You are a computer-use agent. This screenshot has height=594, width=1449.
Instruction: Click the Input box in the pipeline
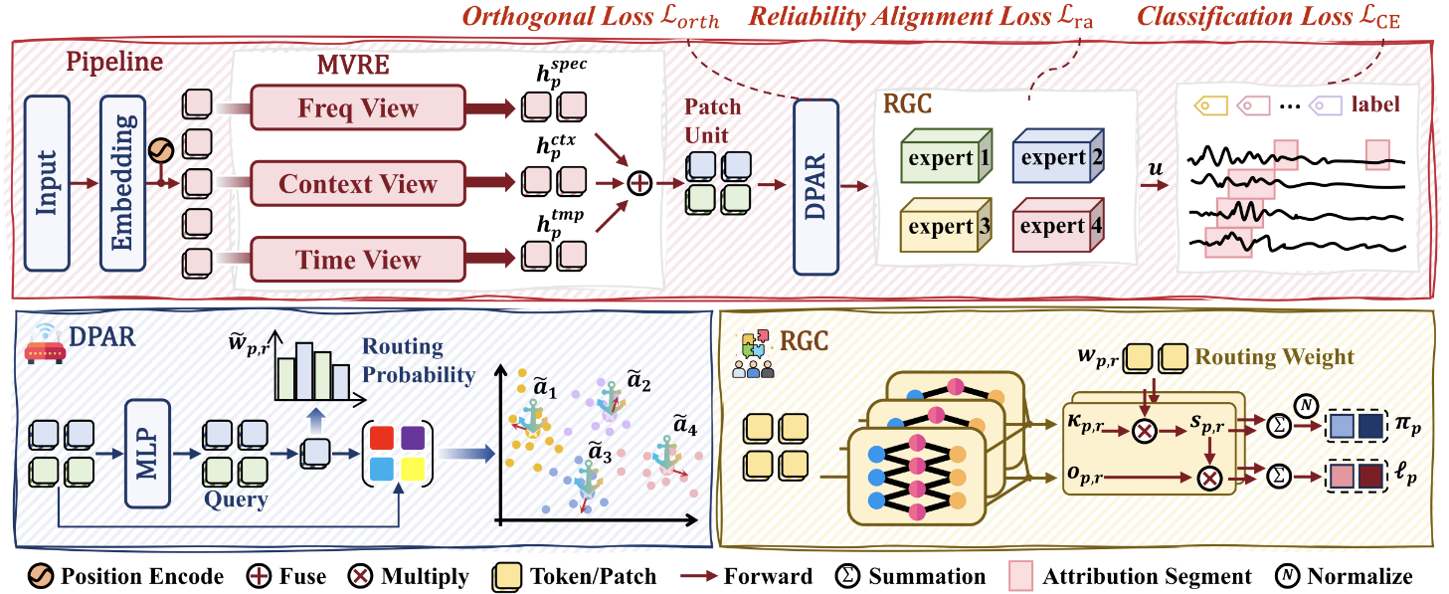[x=47, y=183]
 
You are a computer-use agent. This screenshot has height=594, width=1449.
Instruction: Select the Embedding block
[x=122, y=183]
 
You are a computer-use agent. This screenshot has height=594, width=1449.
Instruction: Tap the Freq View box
[x=358, y=107]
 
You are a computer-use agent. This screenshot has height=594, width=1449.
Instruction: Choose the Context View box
[x=358, y=184]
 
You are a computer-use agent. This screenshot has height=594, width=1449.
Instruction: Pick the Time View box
[x=358, y=260]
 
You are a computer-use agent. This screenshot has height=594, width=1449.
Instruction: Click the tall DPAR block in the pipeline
[x=815, y=187]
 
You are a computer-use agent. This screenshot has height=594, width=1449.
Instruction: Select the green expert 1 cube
[x=947, y=156]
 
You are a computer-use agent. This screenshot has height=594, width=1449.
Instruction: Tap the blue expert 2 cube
[x=1057, y=156]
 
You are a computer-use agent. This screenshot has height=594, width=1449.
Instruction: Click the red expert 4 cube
[x=1057, y=225]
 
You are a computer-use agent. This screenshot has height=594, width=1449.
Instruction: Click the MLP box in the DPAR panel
[x=147, y=454]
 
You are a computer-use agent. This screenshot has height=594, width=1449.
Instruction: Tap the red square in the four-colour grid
[x=382, y=438]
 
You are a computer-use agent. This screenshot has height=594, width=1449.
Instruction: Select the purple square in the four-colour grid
[x=413, y=438]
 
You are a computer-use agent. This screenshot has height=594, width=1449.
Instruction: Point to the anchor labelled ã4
[x=665, y=454]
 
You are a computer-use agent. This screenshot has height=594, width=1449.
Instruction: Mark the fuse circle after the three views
[x=639, y=184]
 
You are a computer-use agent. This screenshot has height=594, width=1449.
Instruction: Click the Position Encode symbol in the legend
[x=40, y=575]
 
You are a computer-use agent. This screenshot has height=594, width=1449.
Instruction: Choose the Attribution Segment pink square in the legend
[x=1020, y=575]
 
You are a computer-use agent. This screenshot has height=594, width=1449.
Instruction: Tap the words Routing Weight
[x=1274, y=356]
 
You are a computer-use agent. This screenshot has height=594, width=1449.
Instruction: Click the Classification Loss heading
[x=1269, y=17]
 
